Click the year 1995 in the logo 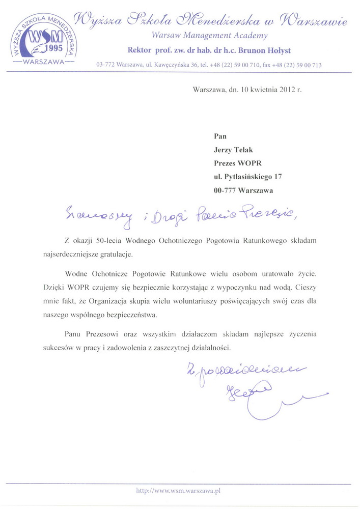coord(52,49)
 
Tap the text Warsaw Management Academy coord(209,36)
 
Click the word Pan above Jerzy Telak coord(220,136)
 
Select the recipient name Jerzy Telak coord(233,150)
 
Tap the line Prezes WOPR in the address coord(237,163)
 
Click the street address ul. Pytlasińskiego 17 coord(248,177)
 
